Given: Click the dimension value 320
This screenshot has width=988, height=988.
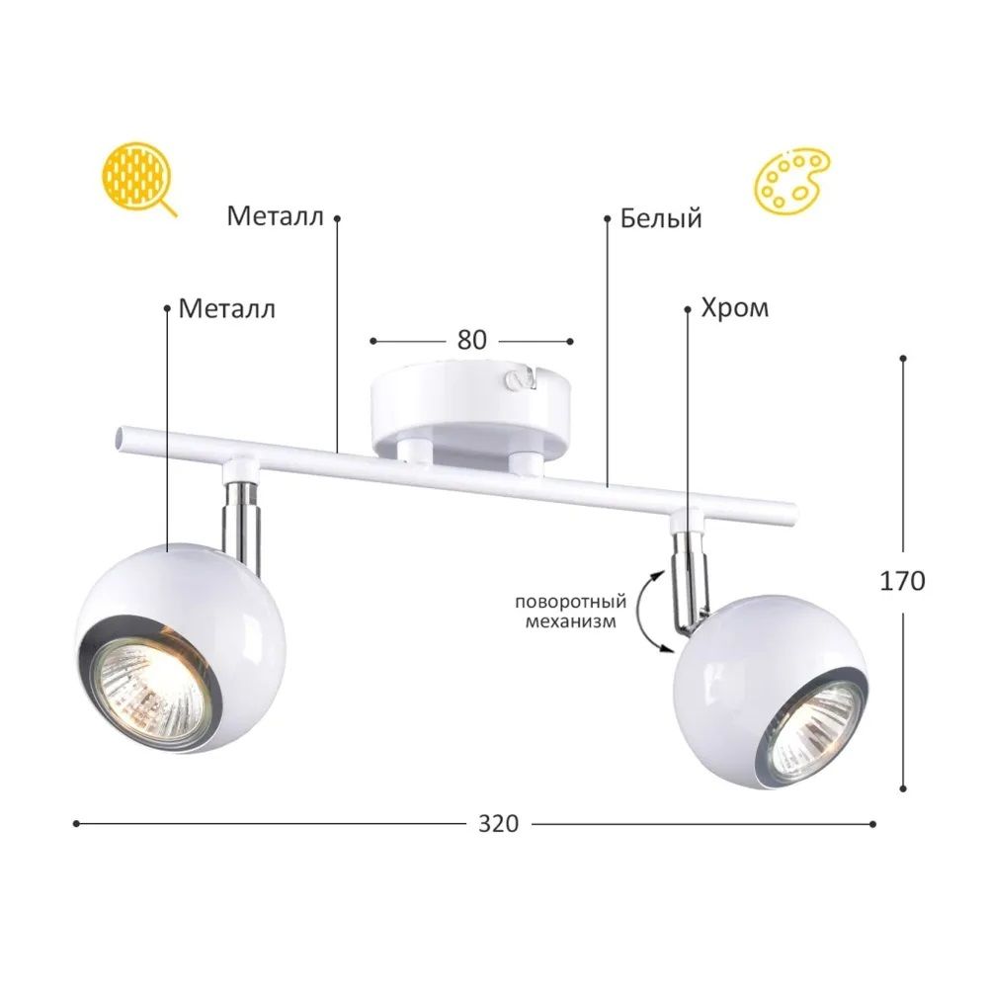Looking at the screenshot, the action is (498, 824).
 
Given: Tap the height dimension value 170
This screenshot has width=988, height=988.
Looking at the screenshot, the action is (902, 580).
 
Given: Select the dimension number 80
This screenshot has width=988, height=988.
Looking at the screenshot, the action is (472, 340).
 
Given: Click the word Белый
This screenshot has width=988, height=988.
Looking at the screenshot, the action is (661, 218).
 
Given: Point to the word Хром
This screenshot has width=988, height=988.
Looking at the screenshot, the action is (735, 308).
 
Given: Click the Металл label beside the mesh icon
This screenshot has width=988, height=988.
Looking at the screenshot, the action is (276, 216).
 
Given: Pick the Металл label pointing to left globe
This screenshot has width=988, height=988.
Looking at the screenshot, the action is (227, 308).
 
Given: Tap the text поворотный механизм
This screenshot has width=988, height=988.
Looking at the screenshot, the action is (571, 612).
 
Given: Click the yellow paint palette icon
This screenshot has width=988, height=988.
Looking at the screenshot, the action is (791, 180).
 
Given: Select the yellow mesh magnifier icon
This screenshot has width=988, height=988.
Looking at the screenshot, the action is (138, 177).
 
